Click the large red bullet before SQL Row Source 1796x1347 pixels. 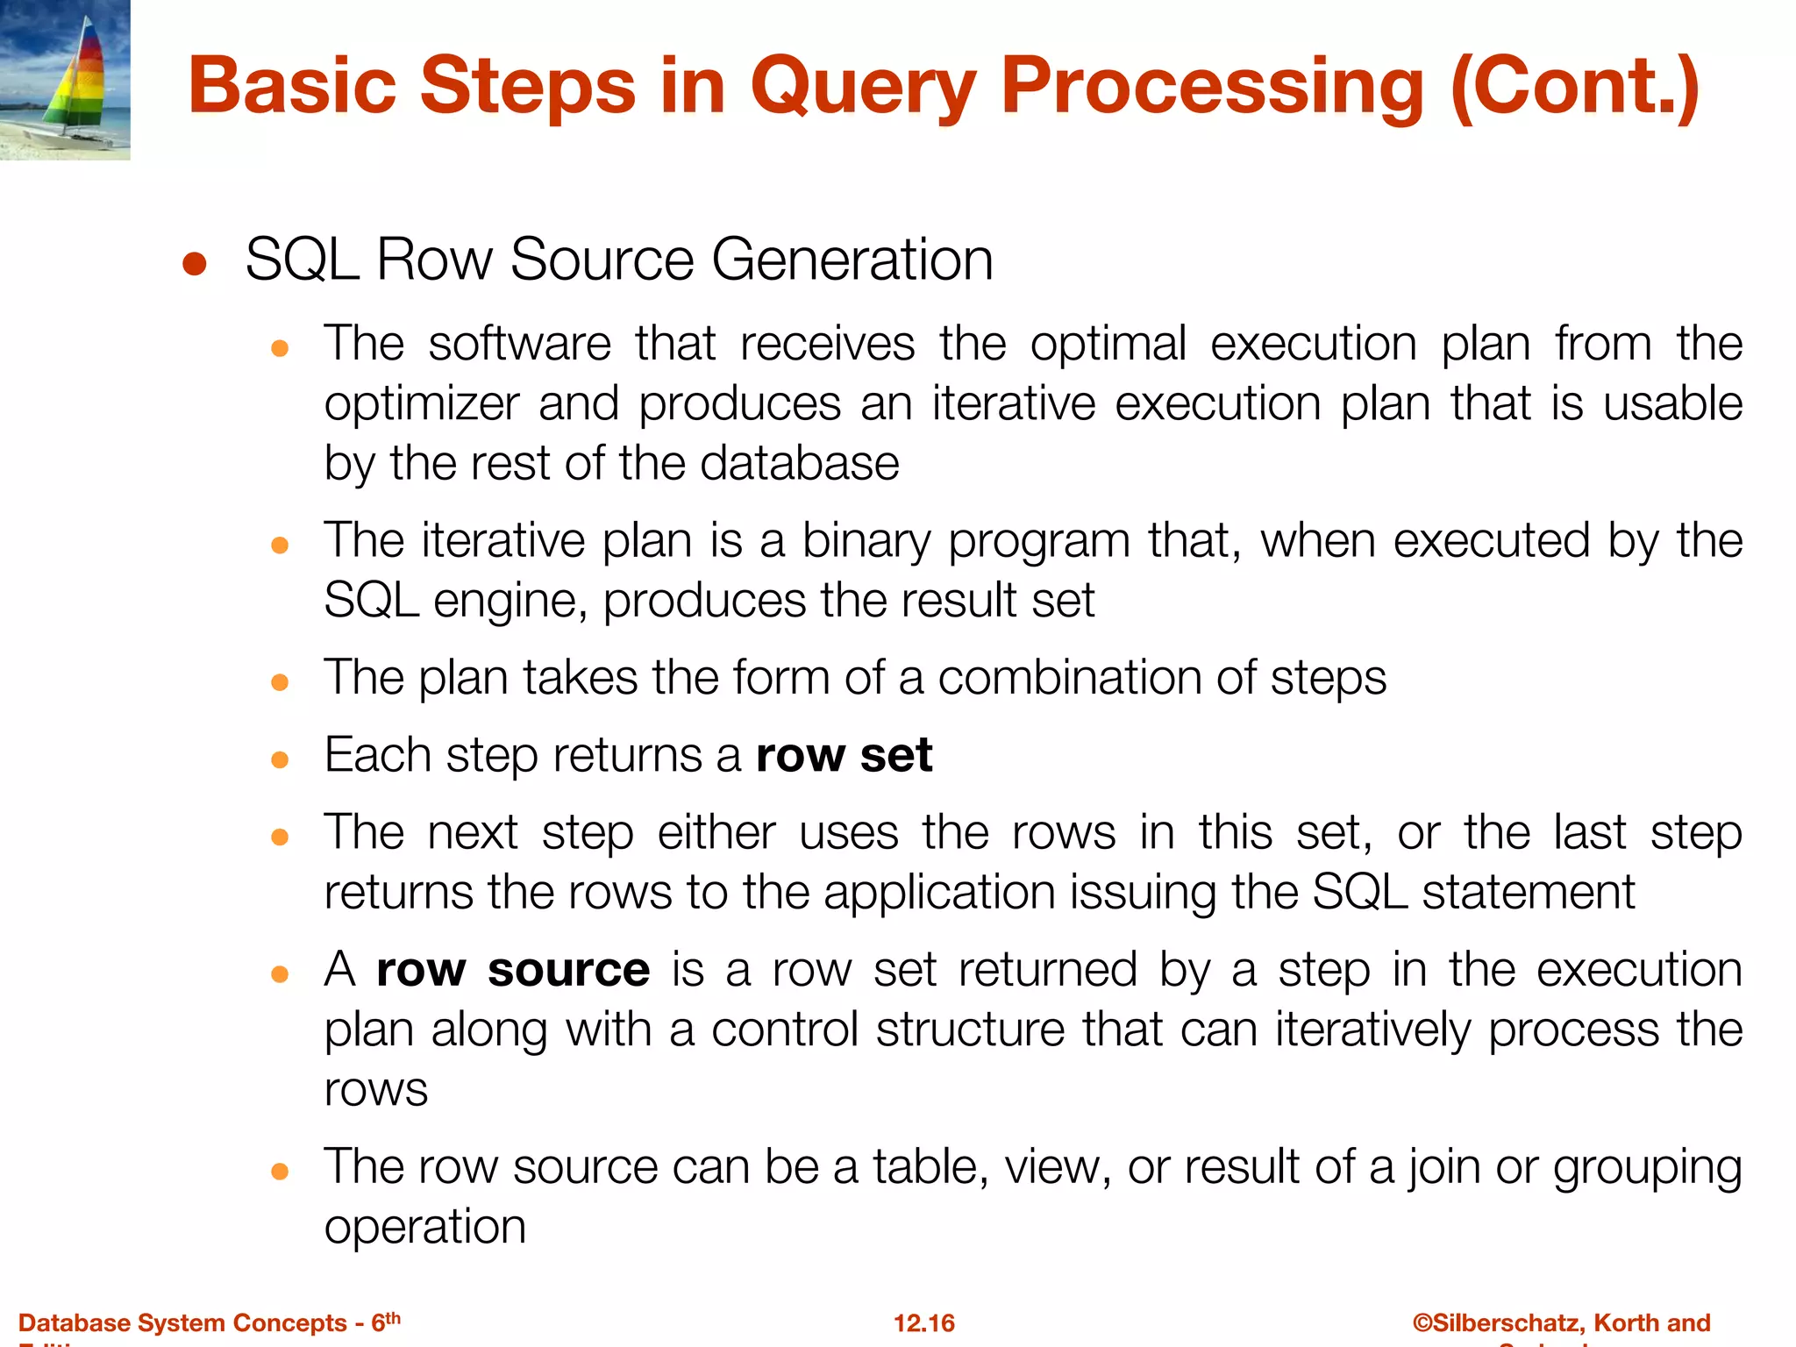[195, 264]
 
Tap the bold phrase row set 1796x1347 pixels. [844, 755]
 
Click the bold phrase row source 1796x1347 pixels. [513, 970]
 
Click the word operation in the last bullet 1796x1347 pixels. [424, 1226]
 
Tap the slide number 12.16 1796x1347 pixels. [923, 1322]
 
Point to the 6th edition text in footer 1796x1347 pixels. [385, 1322]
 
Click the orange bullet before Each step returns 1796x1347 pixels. [280, 759]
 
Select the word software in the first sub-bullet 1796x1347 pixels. [519, 344]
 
